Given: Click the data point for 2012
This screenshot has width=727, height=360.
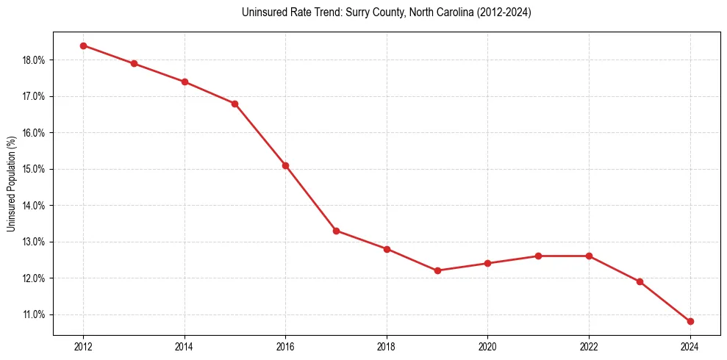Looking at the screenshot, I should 83,46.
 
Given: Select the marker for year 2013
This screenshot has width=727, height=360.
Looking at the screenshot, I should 134,63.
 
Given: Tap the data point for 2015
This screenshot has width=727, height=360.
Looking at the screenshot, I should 235,104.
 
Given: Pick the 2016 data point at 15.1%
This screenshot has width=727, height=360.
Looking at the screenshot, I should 285,165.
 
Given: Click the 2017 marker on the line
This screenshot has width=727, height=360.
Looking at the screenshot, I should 336,231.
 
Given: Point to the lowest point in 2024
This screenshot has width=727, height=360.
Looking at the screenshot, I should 690,321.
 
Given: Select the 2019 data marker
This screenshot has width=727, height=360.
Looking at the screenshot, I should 437,270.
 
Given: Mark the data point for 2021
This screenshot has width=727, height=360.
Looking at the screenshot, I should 538,256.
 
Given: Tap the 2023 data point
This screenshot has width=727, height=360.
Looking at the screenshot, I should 640,281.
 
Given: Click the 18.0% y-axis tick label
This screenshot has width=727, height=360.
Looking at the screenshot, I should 34,60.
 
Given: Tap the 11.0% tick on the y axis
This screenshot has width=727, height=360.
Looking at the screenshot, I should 34,314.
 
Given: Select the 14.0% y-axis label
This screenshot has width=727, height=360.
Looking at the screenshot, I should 34,206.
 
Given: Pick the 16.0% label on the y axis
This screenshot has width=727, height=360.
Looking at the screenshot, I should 34,133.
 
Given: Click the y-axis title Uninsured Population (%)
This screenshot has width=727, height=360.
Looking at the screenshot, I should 11,184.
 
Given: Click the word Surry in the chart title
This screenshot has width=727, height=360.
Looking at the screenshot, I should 334,12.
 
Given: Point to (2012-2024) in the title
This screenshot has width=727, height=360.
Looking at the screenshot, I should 504,12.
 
